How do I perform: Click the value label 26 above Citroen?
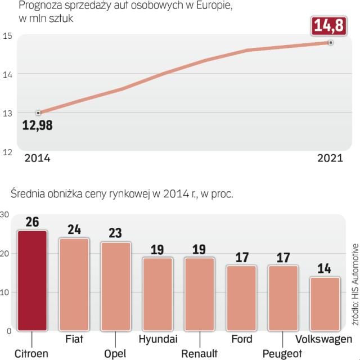click(x=33, y=222)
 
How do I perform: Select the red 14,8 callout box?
click(x=331, y=26)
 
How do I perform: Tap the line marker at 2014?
click(x=38, y=113)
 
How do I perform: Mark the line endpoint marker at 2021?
click(x=331, y=43)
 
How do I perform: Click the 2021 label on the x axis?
click(x=330, y=159)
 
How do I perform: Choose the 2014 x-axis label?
click(x=37, y=159)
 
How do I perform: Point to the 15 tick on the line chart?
click(x=8, y=37)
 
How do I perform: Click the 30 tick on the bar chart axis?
click(x=4, y=214)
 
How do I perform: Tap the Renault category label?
click(x=199, y=353)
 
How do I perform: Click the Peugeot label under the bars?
click(x=282, y=353)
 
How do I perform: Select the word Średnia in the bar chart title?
click(x=29, y=195)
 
